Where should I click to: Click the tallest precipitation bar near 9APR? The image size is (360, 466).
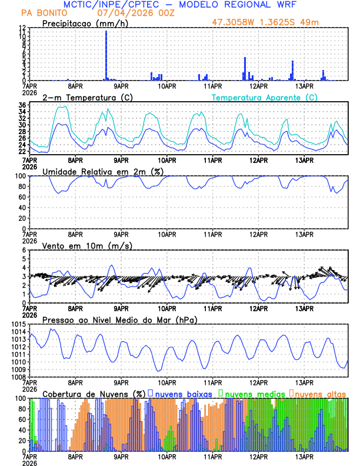pyautogui.click(x=106, y=55)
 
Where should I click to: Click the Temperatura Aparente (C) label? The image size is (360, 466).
pyautogui.click(x=265, y=97)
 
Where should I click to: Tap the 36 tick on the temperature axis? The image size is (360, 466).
pyautogui.click(x=22, y=105)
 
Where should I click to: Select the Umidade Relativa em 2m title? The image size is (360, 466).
pyautogui.click(x=102, y=171)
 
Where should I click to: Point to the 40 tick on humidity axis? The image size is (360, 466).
pyautogui.click(x=22, y=208)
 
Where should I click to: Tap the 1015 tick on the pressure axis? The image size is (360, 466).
pyautogui.click(x=18, y=325)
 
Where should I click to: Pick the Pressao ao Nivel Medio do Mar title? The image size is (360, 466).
pyautogui.click(x=119, y=320)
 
